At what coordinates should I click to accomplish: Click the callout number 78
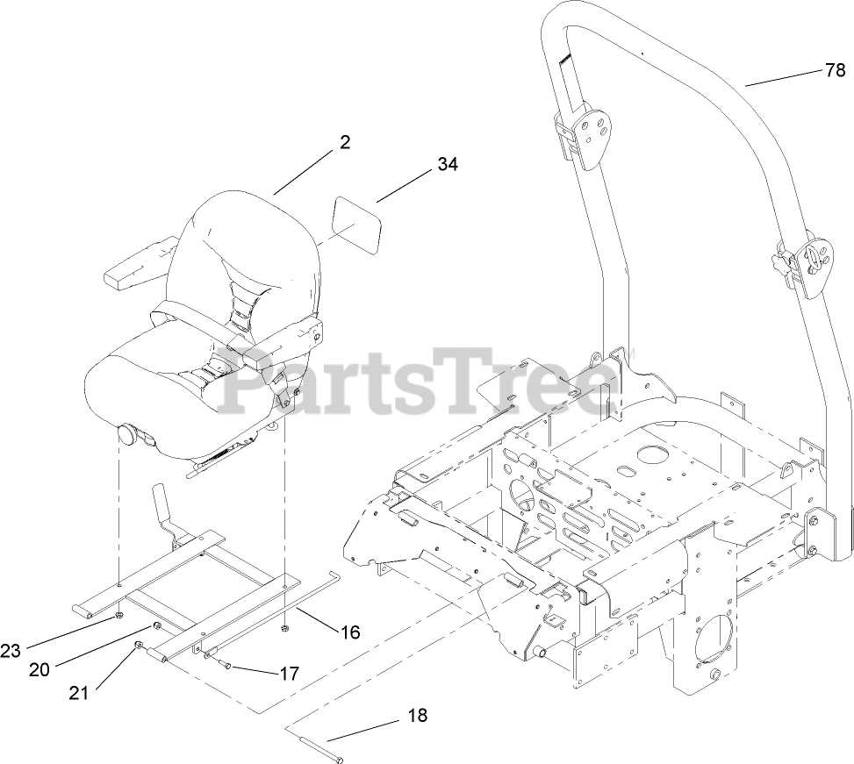click(x=834, y=71)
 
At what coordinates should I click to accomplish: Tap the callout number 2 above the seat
click(x=345, y=142)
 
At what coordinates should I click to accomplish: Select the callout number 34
click(x=448, y=163)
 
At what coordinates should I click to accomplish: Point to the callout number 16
click(x=349, y=632)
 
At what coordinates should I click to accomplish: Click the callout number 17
click(x=289, y=674)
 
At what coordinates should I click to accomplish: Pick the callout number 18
click(x=418, y=716)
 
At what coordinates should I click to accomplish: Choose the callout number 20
click(x=39, y=669)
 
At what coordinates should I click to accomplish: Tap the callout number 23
click(x=11, y=651)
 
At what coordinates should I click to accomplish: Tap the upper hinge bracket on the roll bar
click(x=586, y=130)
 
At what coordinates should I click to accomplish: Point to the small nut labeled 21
click(x=139, y=647)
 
